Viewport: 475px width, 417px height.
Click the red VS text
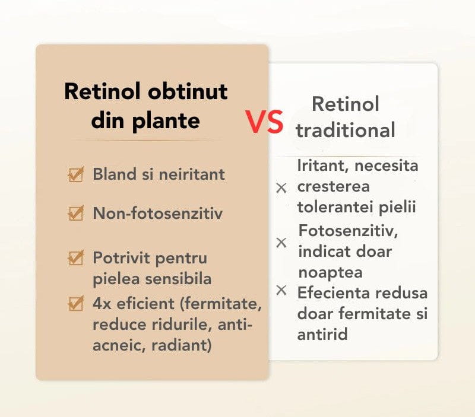[x=264, y=122]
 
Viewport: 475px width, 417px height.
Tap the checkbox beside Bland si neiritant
[x=75, y=175]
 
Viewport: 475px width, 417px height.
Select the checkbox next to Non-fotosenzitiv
[x=75, y=213]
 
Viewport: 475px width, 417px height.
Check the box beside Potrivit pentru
[x=75, y=258]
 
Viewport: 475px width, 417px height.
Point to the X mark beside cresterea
[x=282, y=188]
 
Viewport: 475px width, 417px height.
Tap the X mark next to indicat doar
[x=282, y=243]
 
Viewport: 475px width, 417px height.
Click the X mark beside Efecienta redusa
[x=282, y=290]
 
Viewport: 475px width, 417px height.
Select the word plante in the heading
[x=166, y=120]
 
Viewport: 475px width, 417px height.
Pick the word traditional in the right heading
[x=346, y=129]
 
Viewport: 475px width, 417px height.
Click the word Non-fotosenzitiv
[x=158, y=214]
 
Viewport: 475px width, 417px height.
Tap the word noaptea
[x=331, y=272]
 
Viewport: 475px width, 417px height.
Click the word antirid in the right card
[x=322, y=334]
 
